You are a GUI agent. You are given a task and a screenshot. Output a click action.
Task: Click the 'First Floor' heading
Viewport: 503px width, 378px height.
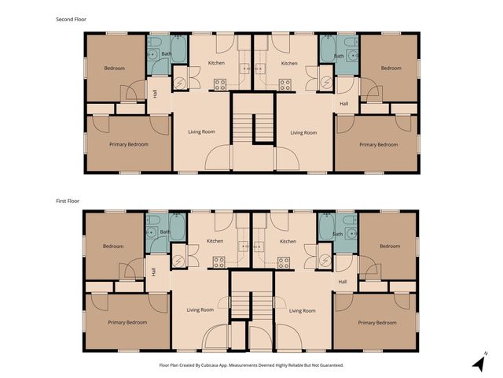coord(68,201)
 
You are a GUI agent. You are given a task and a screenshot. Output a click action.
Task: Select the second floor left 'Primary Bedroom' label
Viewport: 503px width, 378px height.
coord(128,144)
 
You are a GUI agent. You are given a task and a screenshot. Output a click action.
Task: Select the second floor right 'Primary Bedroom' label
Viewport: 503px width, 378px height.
coord(378,144)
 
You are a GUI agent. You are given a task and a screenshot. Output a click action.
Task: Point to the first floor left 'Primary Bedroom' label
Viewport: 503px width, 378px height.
coord(127,322)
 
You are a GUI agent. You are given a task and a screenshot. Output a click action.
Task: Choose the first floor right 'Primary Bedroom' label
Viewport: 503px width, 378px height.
coord(377,322)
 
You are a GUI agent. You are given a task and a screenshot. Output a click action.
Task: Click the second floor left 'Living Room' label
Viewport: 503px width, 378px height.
coord(201,132)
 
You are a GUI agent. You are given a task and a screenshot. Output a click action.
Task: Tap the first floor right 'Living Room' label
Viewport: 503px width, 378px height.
coord(303,310)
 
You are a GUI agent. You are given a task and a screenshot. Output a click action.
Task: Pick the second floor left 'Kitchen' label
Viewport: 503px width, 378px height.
coord(216,63)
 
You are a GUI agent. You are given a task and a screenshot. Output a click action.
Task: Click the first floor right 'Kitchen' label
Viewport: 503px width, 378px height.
coord(288,241)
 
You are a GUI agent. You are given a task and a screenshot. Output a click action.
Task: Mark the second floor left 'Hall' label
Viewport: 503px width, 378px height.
coord(155,94)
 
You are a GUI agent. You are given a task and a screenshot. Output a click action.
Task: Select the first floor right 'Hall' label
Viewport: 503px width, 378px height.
coord(343,281)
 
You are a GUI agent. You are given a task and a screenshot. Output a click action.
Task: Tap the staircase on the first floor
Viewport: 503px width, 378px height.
coord(251,304)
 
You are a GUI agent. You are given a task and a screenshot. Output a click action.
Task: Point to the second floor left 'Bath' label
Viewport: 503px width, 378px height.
coord(166,54)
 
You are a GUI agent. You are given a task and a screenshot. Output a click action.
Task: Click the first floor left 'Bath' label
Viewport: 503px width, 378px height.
coord(164,232)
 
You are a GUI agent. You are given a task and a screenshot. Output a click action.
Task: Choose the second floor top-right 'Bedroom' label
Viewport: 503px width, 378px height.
coord(391,69)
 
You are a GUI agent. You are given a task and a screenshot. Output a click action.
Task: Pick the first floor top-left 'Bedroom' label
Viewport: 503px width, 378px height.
coord(113,246)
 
